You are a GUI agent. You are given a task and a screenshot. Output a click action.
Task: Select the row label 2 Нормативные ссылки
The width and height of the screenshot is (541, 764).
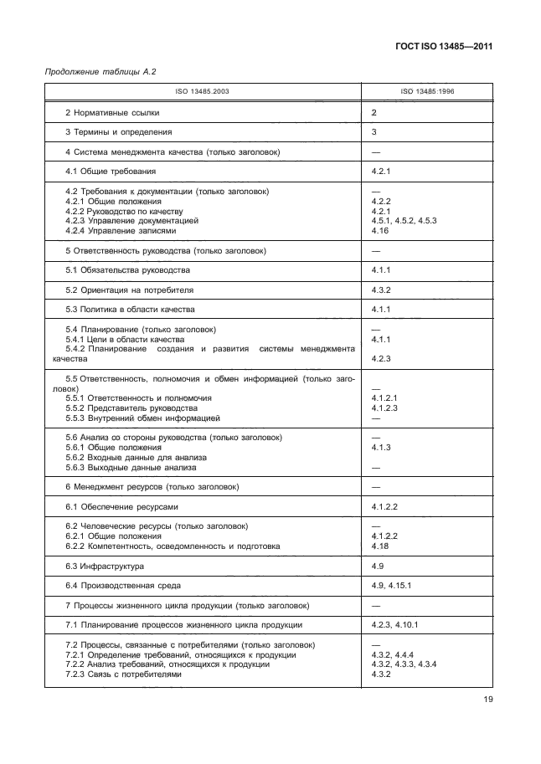coord(112,112)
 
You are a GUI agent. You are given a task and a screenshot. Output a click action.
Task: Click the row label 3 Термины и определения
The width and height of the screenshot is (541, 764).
coord(119,131)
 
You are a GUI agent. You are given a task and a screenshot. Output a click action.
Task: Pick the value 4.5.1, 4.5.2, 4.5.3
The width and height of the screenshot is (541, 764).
coord(404,220)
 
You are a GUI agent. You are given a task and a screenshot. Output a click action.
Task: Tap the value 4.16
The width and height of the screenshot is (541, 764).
coord(379,230)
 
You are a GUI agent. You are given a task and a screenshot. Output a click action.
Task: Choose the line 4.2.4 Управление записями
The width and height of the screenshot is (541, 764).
coord(121,230)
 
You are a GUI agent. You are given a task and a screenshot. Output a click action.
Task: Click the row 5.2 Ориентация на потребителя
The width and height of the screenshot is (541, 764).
coord(129,290)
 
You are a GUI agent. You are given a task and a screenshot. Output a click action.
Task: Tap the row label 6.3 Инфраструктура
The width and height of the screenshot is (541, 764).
coord(106,566)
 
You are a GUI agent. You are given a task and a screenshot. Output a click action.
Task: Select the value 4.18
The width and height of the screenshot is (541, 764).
coord(379,546)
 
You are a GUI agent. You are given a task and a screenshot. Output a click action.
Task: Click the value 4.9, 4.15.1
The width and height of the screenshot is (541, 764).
coord(392,585)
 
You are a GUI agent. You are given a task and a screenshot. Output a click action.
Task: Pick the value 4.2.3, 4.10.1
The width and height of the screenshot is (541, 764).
coord(394,625)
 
